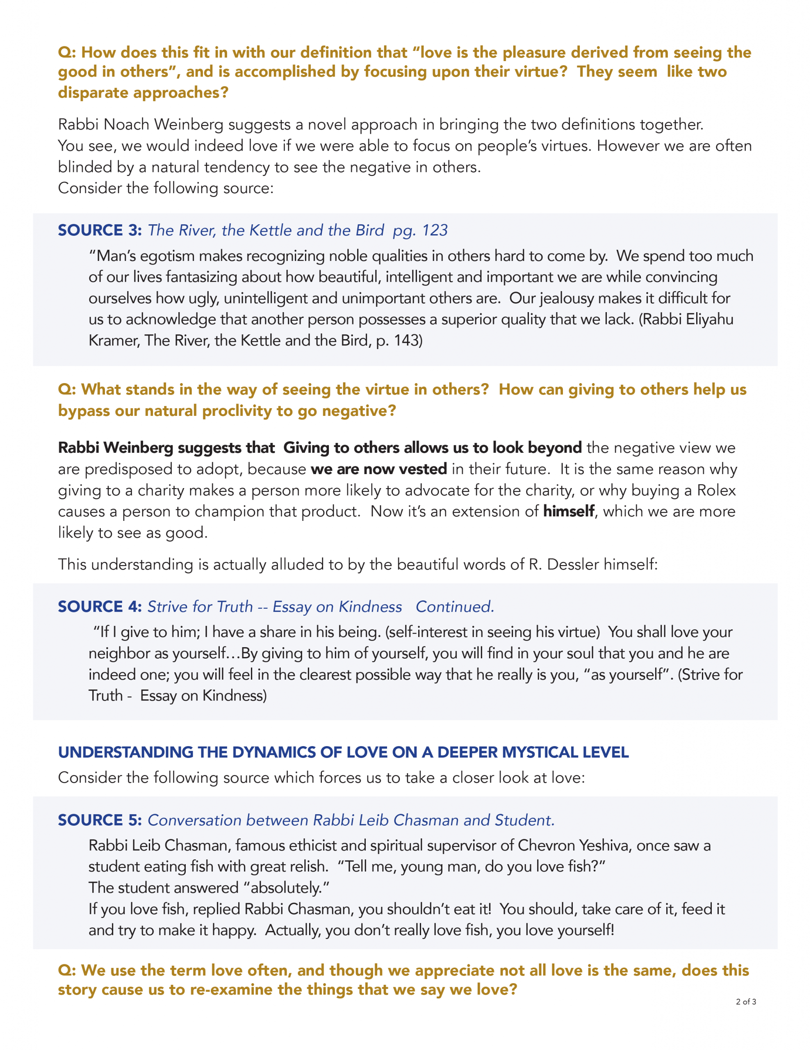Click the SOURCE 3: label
point(100,230)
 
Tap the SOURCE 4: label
point(100,607)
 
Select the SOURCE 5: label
point(100,820)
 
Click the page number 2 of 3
point(746,1002)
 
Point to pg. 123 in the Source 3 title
point(420,230)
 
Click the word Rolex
point(716,491)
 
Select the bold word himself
point(569,511)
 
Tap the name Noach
point(126,125)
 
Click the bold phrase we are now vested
point(379,469)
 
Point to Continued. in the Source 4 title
point(455,607)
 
